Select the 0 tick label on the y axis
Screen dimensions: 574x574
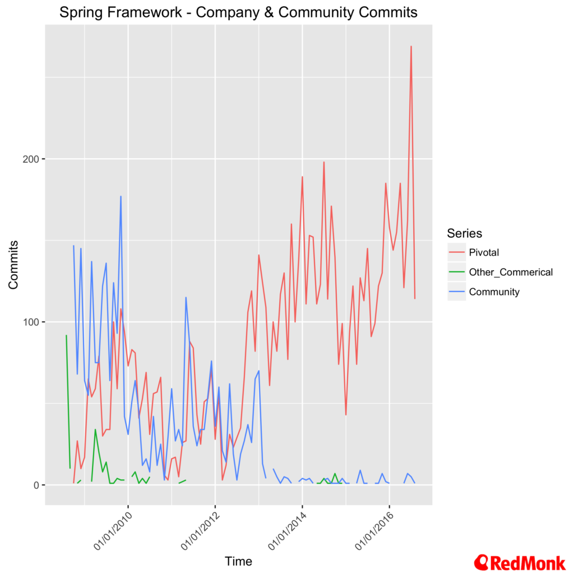37,485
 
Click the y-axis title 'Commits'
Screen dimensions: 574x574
13,265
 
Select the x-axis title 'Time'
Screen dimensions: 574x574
238,561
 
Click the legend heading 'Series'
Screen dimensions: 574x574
464,233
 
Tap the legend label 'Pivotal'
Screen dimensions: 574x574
484,253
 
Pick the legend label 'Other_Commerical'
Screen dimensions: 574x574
511,272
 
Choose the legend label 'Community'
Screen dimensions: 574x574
494,291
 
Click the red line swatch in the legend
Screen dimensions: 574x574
456,253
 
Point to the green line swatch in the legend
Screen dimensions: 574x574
456,272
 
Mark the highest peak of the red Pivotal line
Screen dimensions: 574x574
411,47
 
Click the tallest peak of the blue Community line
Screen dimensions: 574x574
121,196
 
